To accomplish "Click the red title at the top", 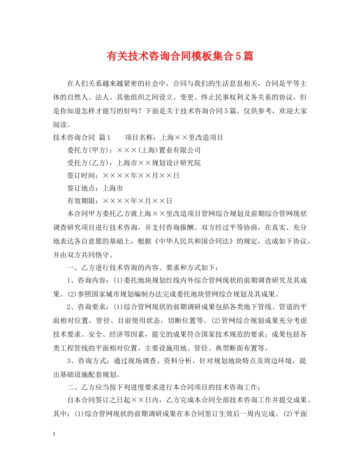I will [180, 57].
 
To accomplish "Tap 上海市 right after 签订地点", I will [113, 188].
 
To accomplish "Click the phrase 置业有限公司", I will [180, 150].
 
